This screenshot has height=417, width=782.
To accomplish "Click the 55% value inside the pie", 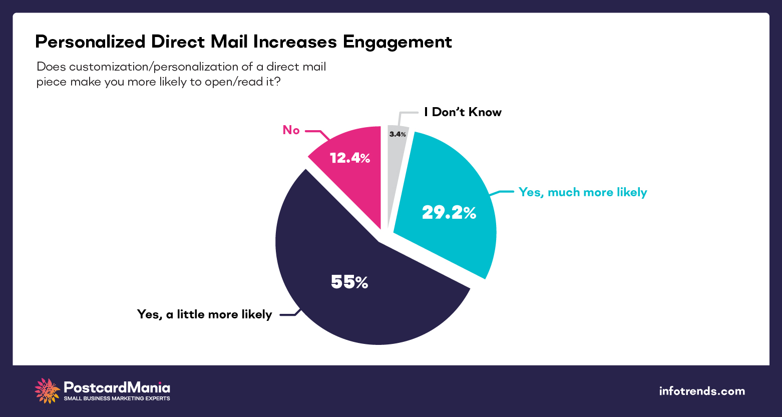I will (349, 283).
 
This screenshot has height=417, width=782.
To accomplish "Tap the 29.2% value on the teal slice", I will (449, 213).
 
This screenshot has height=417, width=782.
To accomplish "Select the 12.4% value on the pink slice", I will (349, 158).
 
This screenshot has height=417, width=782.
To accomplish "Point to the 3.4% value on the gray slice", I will (398, 134).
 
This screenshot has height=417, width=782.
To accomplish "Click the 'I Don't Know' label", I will (463, 112).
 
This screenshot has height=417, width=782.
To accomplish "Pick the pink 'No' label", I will (291, 130).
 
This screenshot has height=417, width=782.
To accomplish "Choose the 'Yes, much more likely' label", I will (583, 192).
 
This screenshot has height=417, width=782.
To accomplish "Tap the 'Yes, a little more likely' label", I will (204, 314).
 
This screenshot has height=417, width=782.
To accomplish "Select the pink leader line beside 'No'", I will (316, 133).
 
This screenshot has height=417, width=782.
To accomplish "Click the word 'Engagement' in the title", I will (397, 42).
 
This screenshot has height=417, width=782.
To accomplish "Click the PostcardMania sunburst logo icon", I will (47, 391).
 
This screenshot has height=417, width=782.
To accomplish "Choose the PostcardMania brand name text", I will (117, 387).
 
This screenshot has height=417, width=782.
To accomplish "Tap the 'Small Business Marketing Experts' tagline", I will (117, 398).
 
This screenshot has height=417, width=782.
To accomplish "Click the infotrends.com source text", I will (702, 391).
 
